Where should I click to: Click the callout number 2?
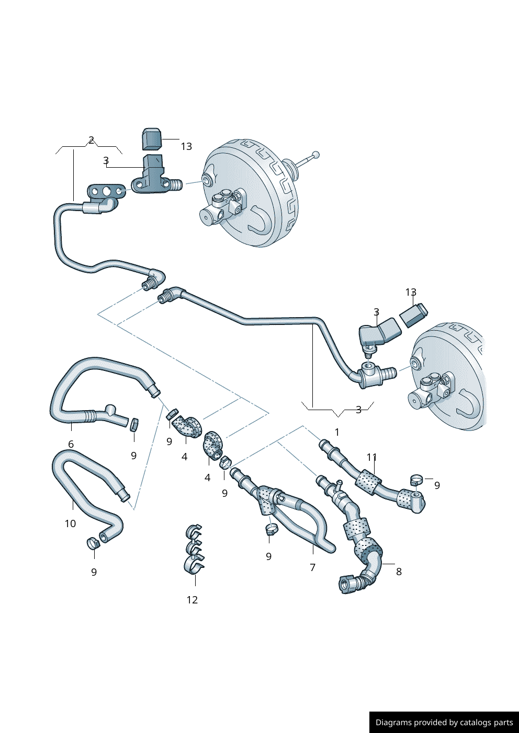91,140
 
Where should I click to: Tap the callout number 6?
71,444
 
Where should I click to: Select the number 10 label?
70,523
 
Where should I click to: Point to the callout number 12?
192,599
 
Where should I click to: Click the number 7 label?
312,567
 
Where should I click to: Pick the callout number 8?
399,571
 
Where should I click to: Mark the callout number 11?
371,457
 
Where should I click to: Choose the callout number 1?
337,432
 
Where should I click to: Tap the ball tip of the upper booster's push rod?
315,154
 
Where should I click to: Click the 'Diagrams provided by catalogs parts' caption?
444,722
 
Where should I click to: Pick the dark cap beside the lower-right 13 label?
414,315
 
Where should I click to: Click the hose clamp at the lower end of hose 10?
93,543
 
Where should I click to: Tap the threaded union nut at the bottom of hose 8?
347,584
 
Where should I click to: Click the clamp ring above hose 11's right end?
416,479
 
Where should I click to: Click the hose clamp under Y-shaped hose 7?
271,529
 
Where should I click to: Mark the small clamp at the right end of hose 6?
134,424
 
